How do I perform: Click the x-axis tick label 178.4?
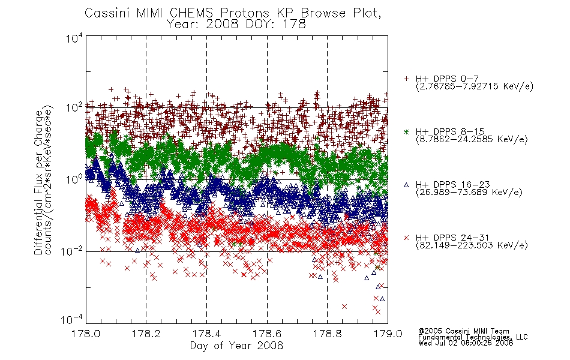coord(206,334)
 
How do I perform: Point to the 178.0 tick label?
coord(86,334)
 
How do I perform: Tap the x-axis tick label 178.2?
coord(146,334)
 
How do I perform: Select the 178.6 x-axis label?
coord(267,334)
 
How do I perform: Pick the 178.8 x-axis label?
coord(327,334)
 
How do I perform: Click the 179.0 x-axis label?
coord(388,334)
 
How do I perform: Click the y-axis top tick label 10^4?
coord(74,38)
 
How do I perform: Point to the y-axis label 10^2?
coord(74,107)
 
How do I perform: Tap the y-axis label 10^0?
coord(74,179)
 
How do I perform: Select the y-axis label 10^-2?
coord(71,251)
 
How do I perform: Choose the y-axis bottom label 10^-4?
coord(71,319)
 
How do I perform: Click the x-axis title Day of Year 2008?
coord(236,346)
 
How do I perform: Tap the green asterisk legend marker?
coord(406,131)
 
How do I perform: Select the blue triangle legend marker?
coord(406,185)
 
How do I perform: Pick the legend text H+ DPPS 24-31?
coord(452,238)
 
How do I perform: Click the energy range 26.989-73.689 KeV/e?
coord(469,193)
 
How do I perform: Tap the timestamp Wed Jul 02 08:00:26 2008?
coord(466,343)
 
